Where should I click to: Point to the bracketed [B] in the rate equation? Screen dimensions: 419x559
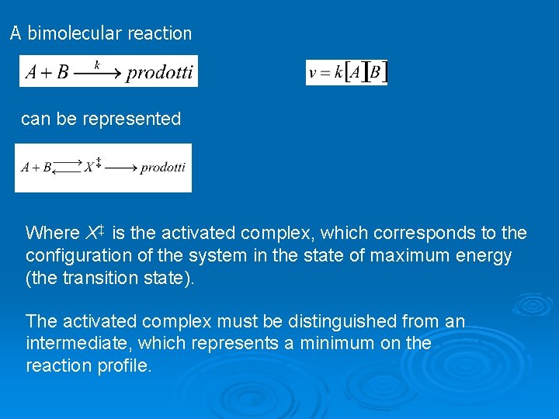click(x=376, y=73)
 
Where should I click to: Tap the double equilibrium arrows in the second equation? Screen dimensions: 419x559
click(x=68, y=167)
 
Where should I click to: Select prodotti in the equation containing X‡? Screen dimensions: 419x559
click(x=163, y=167)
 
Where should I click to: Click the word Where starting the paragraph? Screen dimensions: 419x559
click(x=52, y=233)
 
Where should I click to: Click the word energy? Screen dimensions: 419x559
click(x=485, y=255)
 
